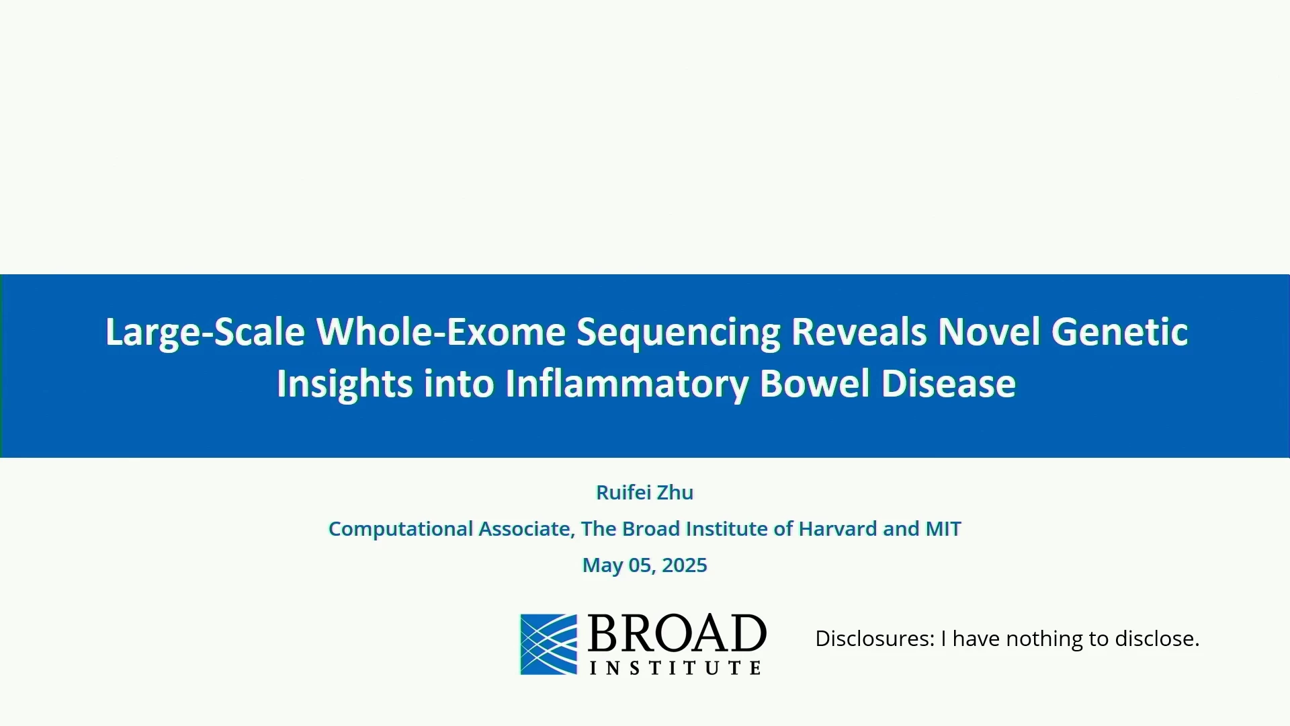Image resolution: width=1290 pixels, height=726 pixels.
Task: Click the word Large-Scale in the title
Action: point(205,332)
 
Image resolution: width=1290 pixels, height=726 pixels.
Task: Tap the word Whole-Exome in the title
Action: point(441,332)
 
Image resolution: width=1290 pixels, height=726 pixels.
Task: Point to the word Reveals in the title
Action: point(859,332)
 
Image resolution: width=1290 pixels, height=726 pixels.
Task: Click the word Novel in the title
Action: point(989,332)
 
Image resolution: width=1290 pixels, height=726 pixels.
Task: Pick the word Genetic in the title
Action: point(1120,332)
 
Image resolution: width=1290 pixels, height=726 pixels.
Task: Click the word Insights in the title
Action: point(345,385)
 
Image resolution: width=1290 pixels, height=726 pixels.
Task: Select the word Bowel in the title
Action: point(815,384)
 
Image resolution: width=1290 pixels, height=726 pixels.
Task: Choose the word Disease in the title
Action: point(949,384)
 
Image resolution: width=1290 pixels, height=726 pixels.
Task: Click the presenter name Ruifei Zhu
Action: point(645,493)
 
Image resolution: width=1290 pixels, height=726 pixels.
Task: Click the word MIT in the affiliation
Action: point(943,529)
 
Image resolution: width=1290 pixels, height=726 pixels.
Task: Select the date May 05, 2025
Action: point(645,565)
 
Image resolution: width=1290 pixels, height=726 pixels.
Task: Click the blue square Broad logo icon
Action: point(549,644)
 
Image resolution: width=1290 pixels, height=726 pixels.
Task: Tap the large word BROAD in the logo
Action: point(677,633)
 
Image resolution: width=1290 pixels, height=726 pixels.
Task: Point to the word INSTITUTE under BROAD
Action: point(675,668)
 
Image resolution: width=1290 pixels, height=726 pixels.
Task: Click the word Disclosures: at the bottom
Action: point(875,639)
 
